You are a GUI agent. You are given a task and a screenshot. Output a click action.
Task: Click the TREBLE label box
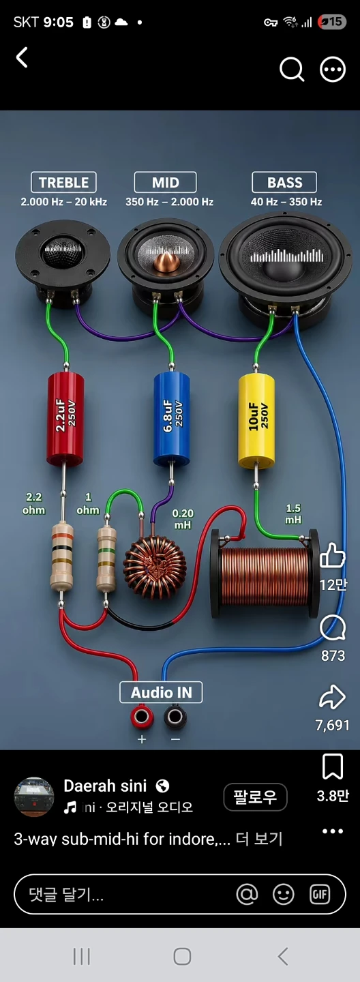click(63, 182)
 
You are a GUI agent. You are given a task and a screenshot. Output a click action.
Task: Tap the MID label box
click(165, 182)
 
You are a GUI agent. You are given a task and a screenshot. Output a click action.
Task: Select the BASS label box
click(284, 182)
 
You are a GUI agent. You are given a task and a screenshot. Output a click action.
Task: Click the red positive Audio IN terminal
click(141, 717)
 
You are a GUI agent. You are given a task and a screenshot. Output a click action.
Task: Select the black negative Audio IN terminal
click(175, 717)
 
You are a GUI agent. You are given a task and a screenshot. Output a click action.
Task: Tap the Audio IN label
click(161, 692)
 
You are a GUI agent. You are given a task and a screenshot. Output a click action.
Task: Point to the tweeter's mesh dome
click(63, 252)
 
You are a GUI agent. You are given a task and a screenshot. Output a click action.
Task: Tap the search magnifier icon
click(292, 70)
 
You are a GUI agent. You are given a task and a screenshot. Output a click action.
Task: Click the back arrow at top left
click(22, 57)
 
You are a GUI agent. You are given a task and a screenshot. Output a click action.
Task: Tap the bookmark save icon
click(332, 767)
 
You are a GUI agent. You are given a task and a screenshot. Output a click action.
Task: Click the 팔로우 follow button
click(255, 797)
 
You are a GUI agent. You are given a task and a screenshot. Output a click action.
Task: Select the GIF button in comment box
click(320, 894)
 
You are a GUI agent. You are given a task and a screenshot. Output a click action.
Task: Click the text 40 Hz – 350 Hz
click(286, 202)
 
